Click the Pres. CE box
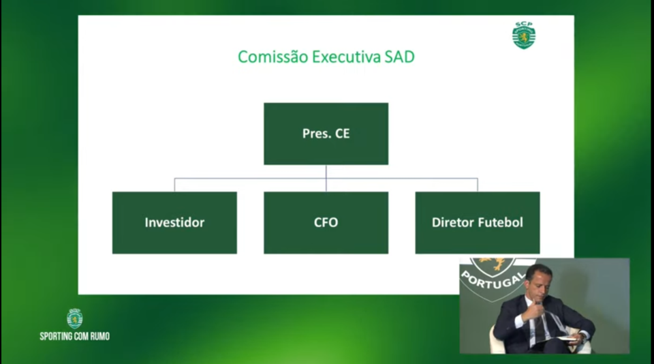326,134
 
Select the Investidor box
174,222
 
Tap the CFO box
326,222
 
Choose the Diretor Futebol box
477,222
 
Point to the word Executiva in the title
346,57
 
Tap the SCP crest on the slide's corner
523,35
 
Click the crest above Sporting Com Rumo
75,318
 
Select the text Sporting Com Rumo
75,337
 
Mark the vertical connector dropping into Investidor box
174,185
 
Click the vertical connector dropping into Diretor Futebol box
477,185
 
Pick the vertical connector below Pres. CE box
326,178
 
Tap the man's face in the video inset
538,283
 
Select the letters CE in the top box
343,134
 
